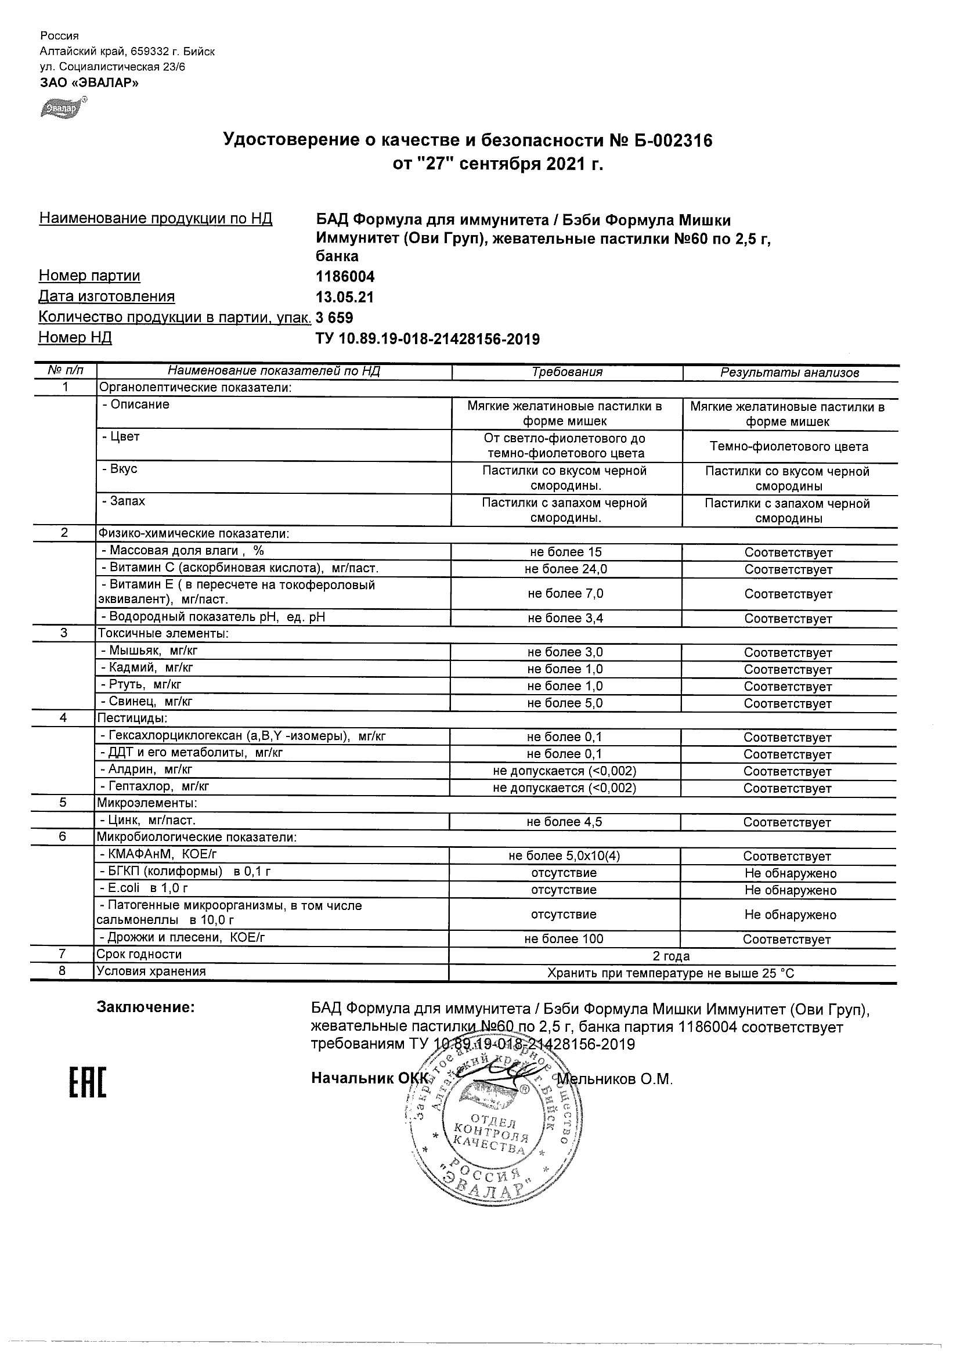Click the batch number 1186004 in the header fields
345,277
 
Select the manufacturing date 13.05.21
344,297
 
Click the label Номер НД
75,338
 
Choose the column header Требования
566,372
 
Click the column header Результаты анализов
789,373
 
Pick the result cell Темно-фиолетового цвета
789,446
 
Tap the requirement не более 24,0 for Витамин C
565,569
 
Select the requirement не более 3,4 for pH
565,618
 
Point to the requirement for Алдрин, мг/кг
564,771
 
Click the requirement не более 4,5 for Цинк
564,822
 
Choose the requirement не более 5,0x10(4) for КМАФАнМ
564,856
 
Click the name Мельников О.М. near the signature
615,1079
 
